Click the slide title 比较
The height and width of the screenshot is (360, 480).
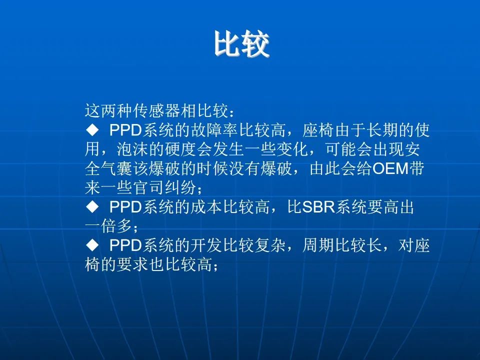click(241, 44)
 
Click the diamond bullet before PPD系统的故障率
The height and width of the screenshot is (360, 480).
click(92, 130)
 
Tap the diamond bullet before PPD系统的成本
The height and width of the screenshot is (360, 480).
click(92, 207)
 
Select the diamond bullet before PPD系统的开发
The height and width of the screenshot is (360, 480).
click(92, 245)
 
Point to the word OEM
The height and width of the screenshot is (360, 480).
click(391, 168)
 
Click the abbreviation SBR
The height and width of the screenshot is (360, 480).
click(318, 207)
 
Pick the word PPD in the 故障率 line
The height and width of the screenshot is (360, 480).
click(125, 130)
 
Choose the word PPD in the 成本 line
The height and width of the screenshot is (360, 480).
click(125, 207)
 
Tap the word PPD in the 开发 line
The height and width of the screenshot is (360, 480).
click(125, 245)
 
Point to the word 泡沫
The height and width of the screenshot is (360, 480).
click(132, 149)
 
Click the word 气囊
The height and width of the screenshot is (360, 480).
click(116, 168)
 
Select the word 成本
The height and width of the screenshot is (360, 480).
click(206, 207)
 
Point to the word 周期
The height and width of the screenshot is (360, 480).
click(318, 245)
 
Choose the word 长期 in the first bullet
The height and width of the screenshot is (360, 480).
click(382, 130)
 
